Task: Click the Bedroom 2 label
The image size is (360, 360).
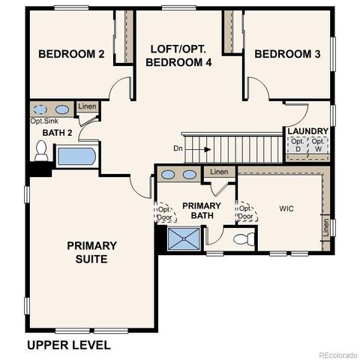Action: pos(71,54)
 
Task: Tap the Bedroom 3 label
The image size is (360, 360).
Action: pos(287,54)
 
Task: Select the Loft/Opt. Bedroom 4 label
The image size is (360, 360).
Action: pos(181,56)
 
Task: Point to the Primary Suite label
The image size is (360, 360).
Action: pos(91,252)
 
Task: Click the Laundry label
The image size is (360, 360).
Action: pos(307,131)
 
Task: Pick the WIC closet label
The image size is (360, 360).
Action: pos(287,208)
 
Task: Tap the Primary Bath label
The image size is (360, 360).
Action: pos(202,211)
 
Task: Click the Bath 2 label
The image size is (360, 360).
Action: pos(47,133)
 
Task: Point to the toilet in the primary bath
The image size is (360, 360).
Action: pos(241,241)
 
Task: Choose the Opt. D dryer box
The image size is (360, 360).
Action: pos(298,146)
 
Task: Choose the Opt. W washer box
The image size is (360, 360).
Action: pos(319,146)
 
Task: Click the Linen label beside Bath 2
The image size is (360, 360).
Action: pos(87,107)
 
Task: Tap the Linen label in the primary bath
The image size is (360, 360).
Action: pos(218,172)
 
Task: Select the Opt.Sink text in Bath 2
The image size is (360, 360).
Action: pos(44,121)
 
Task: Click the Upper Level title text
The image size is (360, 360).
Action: pos(69,345)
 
